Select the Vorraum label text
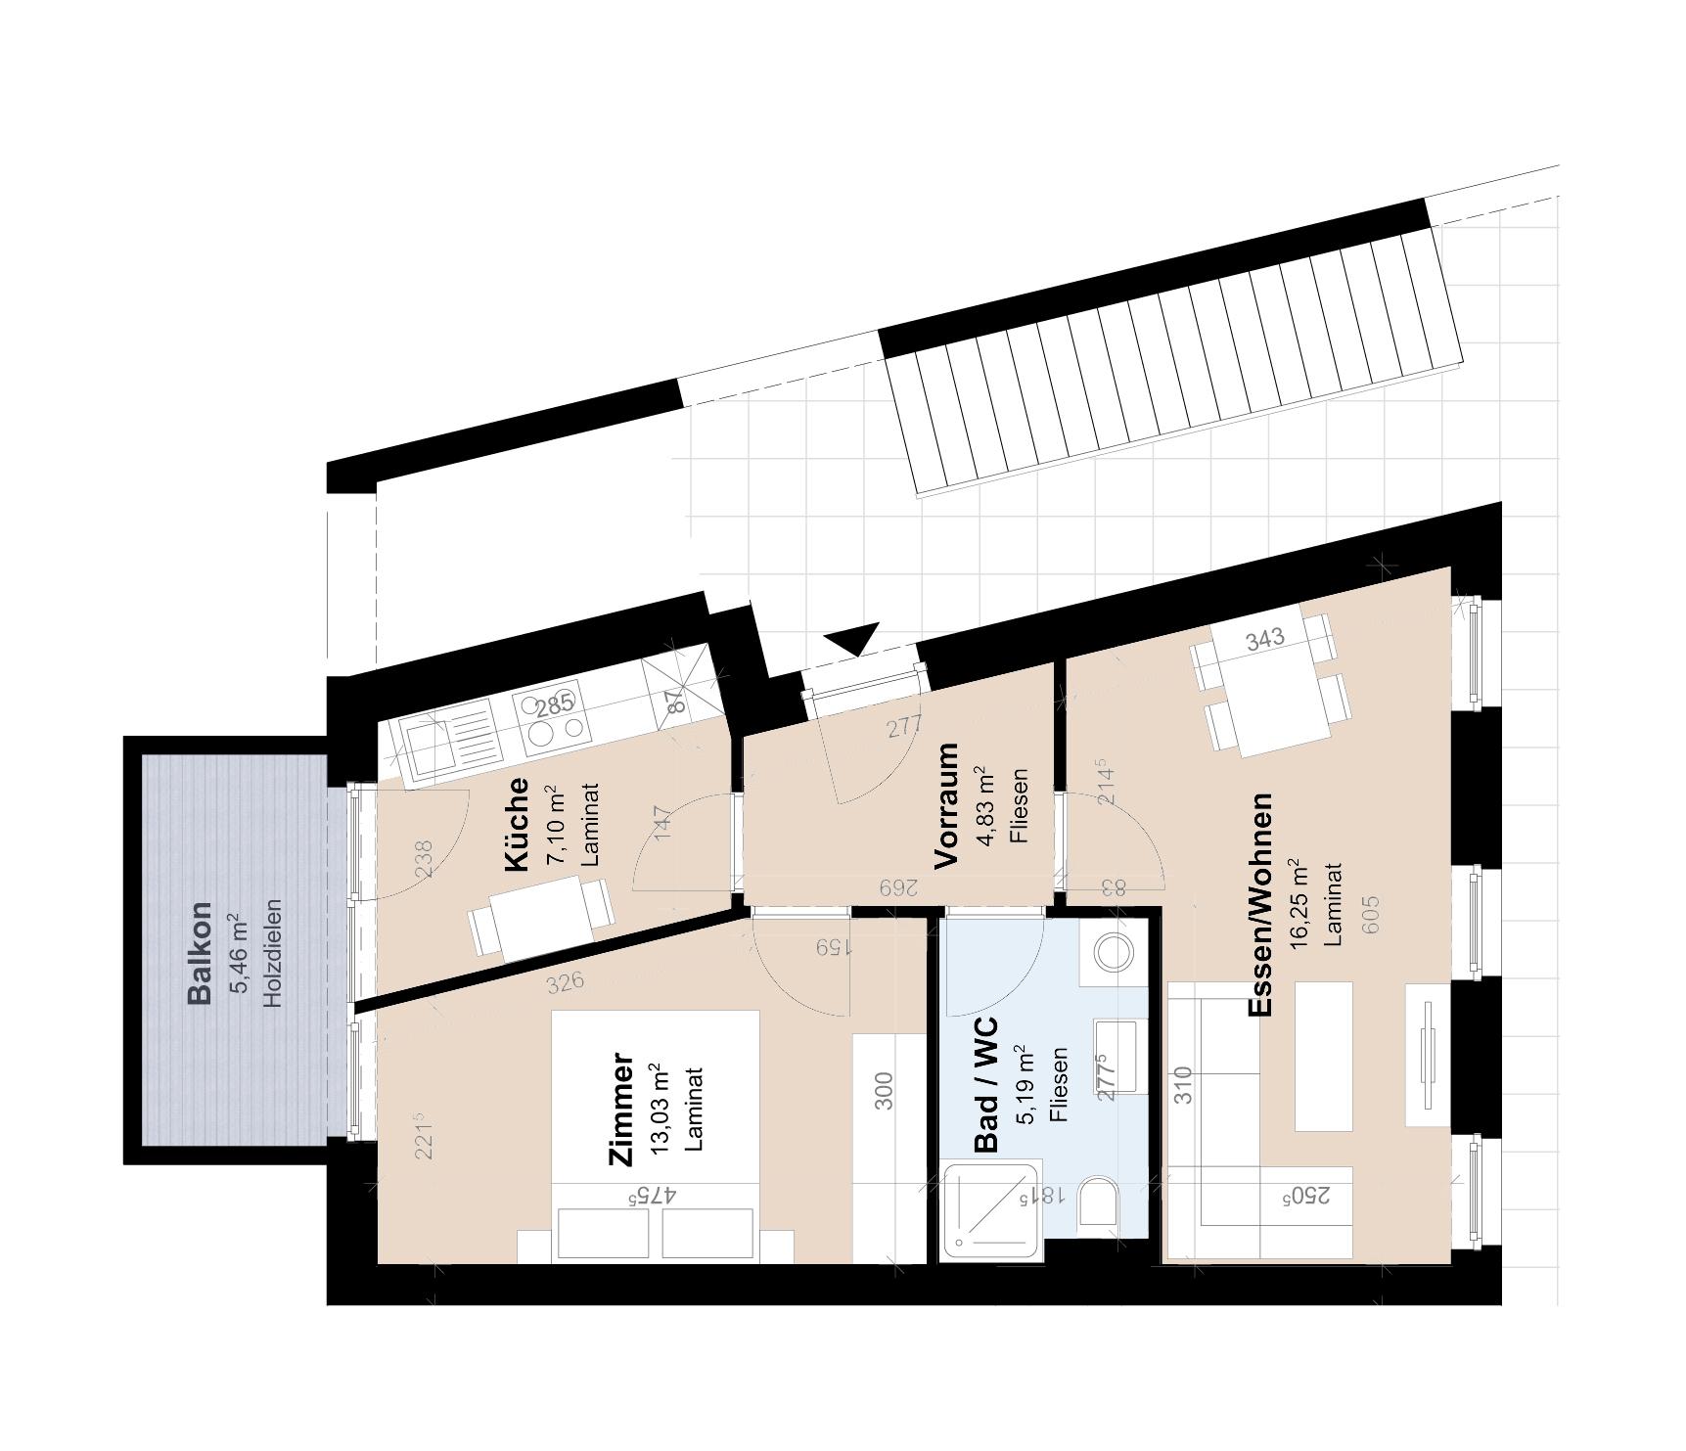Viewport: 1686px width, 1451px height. (945, 805)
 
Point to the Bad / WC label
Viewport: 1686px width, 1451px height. (986, 1084)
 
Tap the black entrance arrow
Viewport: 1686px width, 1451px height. (854, 639)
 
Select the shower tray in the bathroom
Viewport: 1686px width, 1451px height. (990, 1210)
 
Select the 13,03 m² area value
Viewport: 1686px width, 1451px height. (660, 1109)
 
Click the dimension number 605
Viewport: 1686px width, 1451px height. (1369, 914)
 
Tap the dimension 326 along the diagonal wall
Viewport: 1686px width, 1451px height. (567, 980)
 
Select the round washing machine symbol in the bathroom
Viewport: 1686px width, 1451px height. (1113, 950)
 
